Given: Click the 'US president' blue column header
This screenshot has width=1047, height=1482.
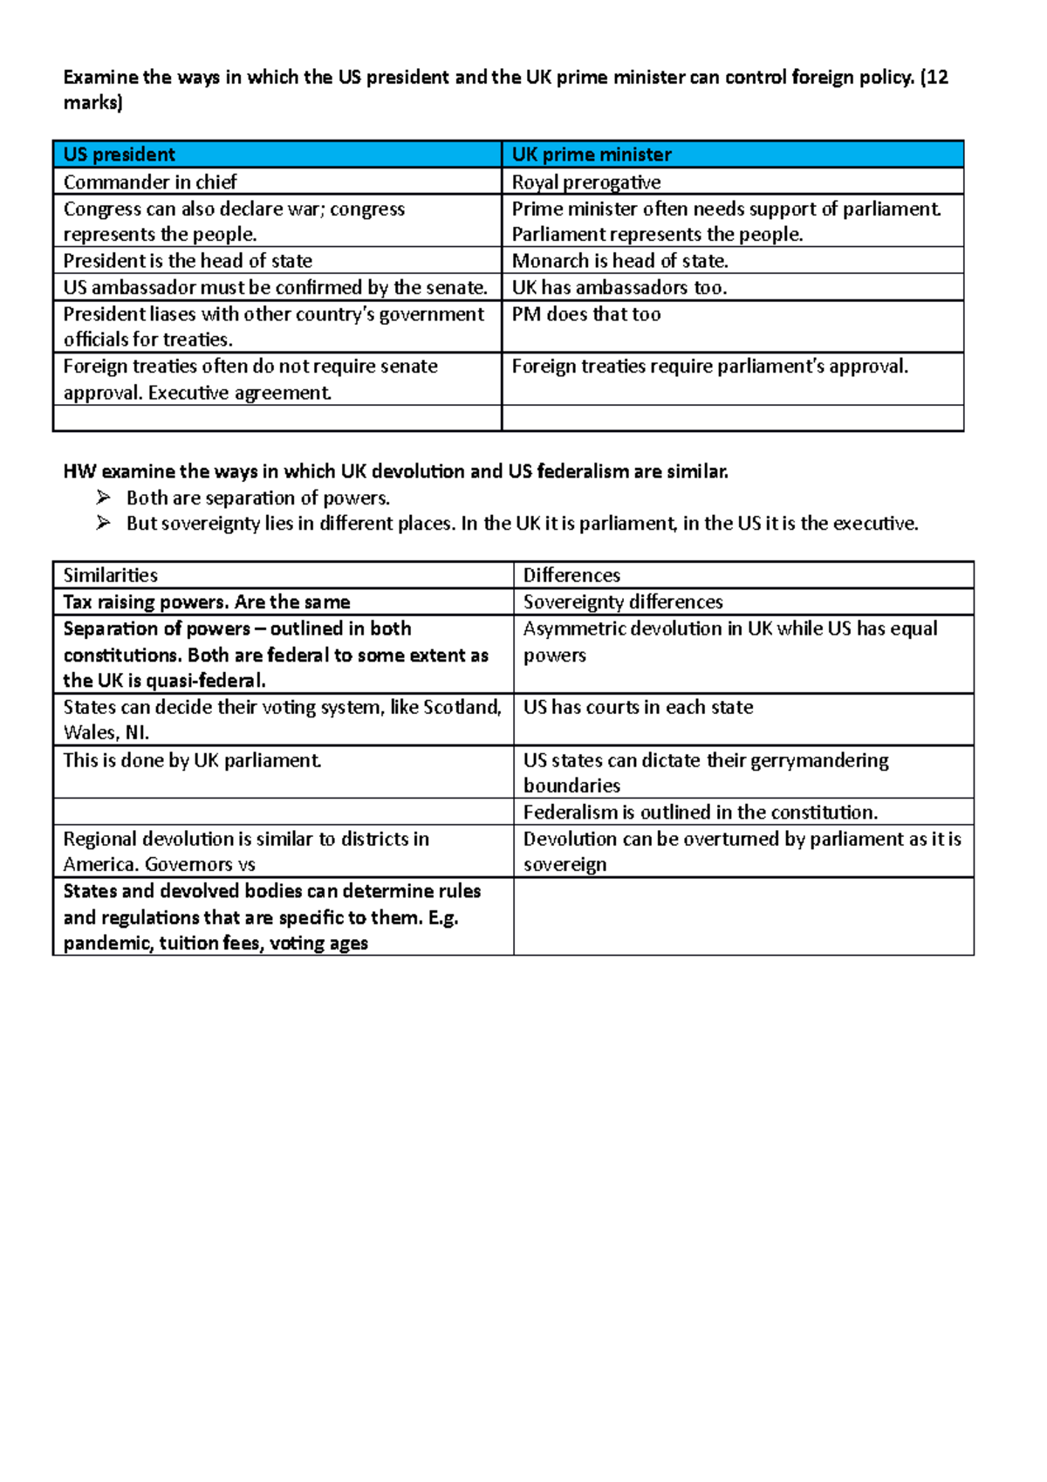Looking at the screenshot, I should click(x=120, y=154).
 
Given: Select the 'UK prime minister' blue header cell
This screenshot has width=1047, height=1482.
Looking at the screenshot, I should click(x=592, y=154).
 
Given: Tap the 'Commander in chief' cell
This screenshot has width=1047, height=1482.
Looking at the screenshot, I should click(x=150, y=182).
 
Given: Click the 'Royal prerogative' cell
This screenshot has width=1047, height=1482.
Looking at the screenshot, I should click(x=586, y=182).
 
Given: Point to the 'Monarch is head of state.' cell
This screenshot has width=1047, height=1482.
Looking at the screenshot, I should click(x=619, y=261).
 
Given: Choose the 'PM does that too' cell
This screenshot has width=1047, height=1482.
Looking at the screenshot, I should click(x=586, y=314).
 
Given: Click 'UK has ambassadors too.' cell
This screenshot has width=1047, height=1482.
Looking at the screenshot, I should click(x=619, y=287).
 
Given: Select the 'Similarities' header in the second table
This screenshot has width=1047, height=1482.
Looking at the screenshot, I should click(x=110, y=575).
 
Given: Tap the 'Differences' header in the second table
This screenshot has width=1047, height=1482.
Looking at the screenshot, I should click(x=571, y=575).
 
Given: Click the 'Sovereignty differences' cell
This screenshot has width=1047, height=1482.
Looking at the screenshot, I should click(x=623, y=602).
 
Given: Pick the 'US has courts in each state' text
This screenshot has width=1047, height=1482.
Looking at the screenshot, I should click(x=638, y=707).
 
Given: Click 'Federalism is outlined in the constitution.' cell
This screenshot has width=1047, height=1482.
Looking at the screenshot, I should click(x=700, y=813).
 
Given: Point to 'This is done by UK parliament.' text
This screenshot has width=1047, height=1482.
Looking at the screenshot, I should click(x=192, y=760).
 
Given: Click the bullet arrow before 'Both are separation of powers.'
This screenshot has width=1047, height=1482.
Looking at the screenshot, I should click(x=104, y=497).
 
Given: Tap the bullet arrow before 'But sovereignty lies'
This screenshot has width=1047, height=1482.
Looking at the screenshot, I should click(x=104, y=523).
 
